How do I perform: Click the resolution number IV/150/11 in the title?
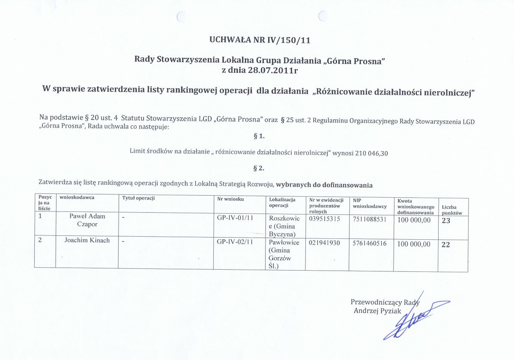click(x=289, y=41)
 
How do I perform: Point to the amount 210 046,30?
click(x=372, y=152)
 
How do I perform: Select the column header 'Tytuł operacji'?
click(x=138, y=198)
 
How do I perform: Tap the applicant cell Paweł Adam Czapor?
click(x=87, y=220)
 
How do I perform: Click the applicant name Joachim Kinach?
click(x=87, y=241)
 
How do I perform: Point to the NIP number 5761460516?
click(x=369, y=243)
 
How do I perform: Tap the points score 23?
click(x=446, y=220)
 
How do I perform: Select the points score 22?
click(x=446, y=244)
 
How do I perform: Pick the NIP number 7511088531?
click(x=369, y=219)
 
